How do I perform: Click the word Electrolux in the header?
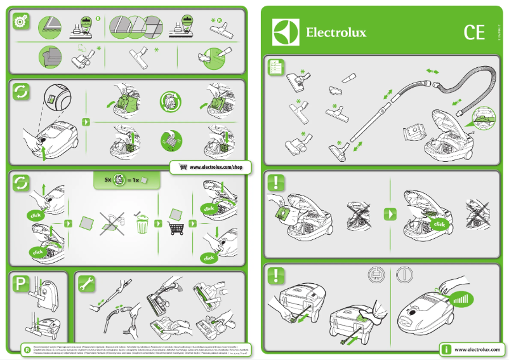(x=336, y=32)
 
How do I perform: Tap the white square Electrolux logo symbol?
(x=286, y=32)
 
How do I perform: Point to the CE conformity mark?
(x=474, y=32)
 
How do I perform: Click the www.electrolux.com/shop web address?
(x=216, y=167)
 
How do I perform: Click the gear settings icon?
(x=21, y=21)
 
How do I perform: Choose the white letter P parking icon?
(x=21, y=284)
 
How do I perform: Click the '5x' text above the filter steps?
(x=108, y=180)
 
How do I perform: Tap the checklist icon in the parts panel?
(x=275, y=66)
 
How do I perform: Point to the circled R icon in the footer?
(x=27, y=350)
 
